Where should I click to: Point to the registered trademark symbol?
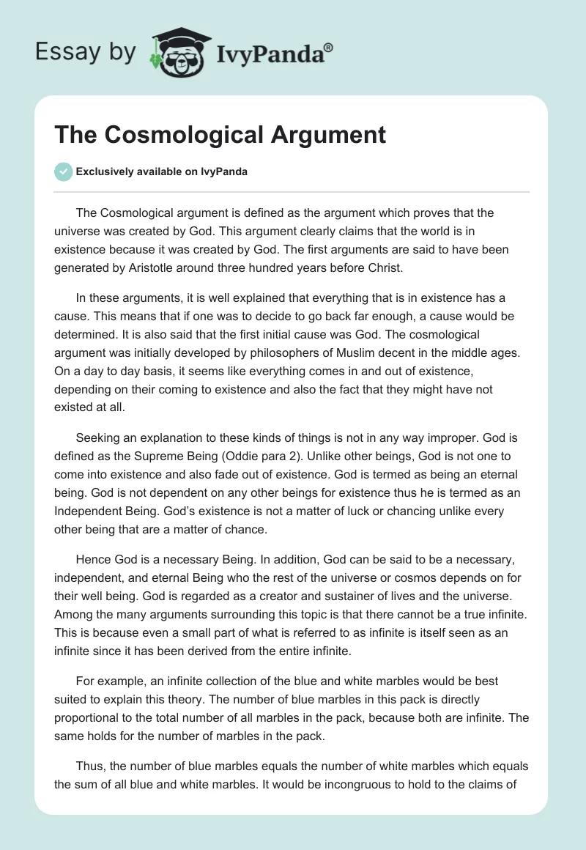tap(329, 46)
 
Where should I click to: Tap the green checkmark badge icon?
tap(63, 171)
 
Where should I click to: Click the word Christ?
tap(383, 267)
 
